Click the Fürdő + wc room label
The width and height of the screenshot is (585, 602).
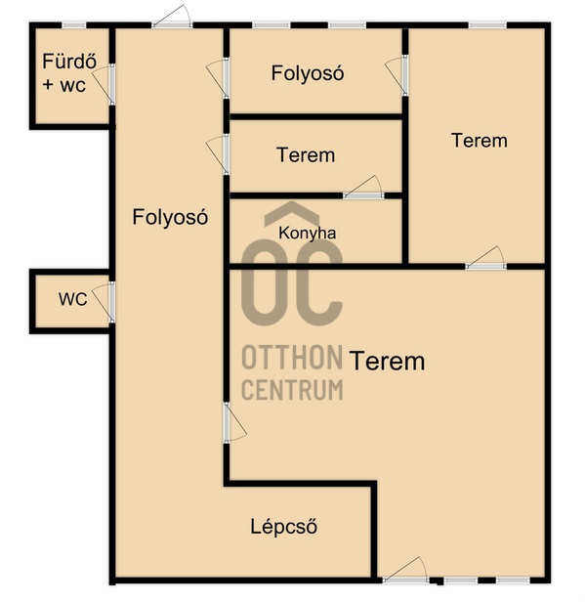point(69,73)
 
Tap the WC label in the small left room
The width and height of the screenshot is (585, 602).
point(73,299)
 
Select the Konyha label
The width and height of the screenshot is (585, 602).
point(308,234)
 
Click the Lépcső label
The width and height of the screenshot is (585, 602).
point(284,526)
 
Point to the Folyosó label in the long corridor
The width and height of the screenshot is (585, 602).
point(170,217)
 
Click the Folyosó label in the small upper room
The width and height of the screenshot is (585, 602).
point(308,73)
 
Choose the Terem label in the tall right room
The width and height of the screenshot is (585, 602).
point(480,140)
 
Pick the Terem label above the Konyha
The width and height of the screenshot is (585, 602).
point(306,155)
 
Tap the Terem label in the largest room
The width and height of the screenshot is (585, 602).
point(388,361)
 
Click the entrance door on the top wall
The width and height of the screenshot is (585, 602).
point(172,16)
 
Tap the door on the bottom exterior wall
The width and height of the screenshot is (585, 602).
point(405,570)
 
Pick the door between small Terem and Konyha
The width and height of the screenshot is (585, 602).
point(363,188)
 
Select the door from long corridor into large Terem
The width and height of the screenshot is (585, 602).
point(234,422)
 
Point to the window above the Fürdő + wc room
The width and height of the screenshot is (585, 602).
point(74,25)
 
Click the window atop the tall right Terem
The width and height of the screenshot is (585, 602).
point(487,25)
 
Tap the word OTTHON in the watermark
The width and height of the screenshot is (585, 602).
point(292,357)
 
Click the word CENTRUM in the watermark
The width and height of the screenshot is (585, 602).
point(292,389)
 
